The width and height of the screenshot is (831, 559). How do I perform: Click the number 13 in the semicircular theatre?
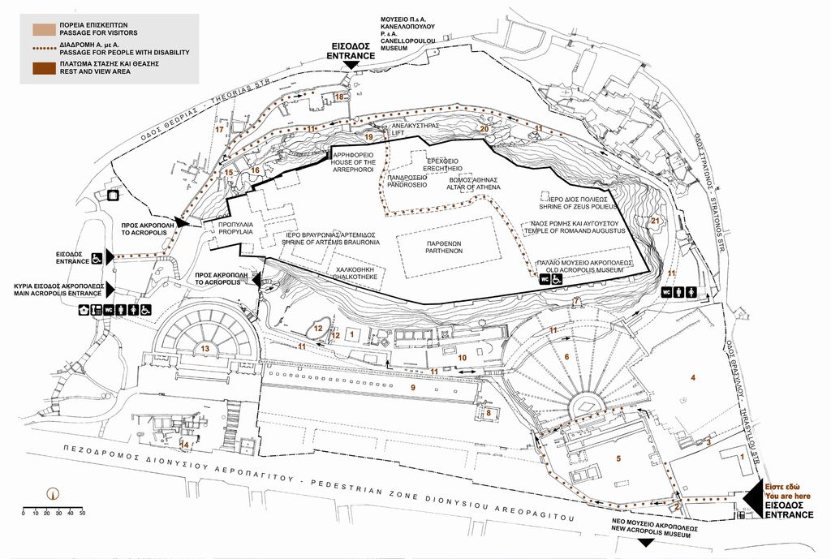[205, 349]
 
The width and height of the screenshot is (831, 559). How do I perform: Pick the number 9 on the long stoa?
[412, 388]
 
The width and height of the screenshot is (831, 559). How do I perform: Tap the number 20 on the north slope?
[484, 128]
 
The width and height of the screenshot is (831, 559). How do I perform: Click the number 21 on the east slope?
[655, 221]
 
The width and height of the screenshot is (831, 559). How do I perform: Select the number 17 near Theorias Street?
[218, 129]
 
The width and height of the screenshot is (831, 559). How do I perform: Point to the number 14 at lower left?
[184, 444]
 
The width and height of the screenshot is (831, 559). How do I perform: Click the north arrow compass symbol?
[53, 491]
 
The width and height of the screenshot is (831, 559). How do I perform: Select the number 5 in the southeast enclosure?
[618, 458]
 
